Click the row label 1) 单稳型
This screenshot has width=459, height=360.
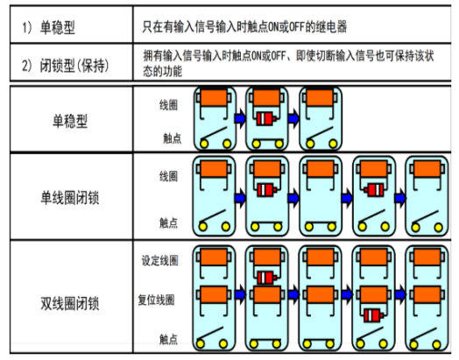(x=49, y=28)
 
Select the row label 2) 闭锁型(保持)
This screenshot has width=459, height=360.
(x=66, y=66)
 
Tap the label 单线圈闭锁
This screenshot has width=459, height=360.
(x=70, y=198)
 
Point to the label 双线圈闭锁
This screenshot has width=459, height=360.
(x=70, y=303)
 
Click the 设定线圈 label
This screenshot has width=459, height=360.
(x=159, y=260)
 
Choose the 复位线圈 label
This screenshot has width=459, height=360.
(x=156, y=300)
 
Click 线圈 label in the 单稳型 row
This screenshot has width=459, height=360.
(x=168, y=105)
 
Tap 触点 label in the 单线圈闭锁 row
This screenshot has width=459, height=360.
(x=168, y=223)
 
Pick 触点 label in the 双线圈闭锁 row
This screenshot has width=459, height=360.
(x=168, y=339)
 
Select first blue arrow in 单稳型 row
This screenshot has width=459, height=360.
(x=240, y=118)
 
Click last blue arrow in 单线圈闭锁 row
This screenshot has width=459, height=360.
(x=400, y=198)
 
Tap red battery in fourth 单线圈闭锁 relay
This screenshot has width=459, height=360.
(x=374, y=190)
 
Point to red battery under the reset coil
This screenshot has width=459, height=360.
(x=374, y=315)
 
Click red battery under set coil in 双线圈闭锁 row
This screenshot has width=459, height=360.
(x=266, y=278)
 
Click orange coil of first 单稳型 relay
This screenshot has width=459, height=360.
(x=214, y=98)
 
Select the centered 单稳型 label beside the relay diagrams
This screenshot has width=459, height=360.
(x=70, y=121)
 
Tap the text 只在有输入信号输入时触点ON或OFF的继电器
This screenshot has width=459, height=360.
(x=244, y=26)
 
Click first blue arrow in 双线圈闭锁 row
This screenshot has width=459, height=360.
(x=240, y=294)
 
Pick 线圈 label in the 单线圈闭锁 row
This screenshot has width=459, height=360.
(x=168, y=176)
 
